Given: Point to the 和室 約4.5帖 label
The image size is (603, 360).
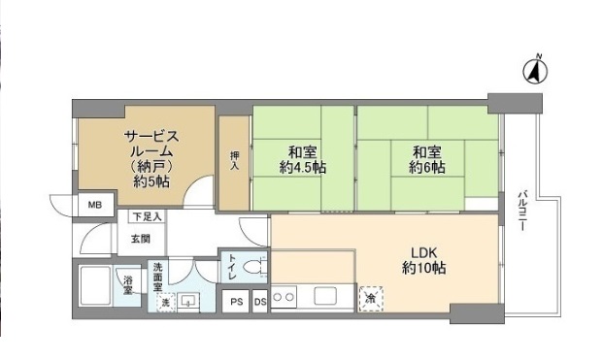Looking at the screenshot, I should click(x=302, y=159).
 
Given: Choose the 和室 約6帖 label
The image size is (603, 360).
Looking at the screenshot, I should click(x=426, y=159).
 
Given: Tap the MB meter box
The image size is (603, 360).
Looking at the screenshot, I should click(x=94, y=206).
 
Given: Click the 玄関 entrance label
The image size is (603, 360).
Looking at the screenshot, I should click(x=140, y=239).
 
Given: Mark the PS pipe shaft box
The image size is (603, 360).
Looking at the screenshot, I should click(x=237, y=302).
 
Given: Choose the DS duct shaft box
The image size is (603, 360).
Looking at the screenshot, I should click(x=259, y=302).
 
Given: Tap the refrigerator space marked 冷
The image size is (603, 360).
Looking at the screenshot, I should click(x=371, y=299).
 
